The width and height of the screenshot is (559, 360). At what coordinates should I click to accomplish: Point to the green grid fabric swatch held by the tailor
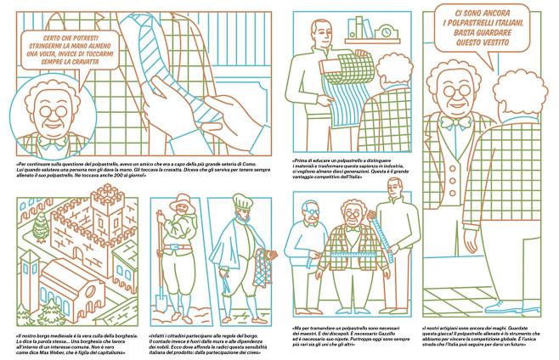pos(337,94)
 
